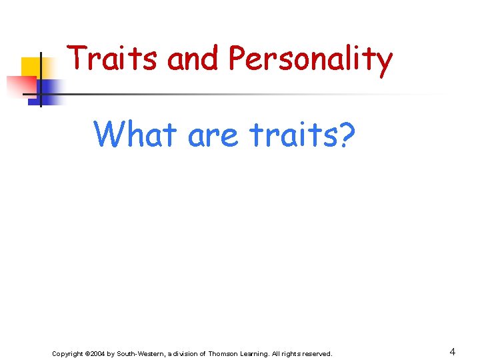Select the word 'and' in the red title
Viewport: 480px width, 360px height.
(x=193, y=59)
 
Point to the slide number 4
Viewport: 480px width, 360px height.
(x=452, y=352)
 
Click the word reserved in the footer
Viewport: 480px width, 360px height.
(x=316, y=353)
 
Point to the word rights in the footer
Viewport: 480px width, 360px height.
(x=291, y=353)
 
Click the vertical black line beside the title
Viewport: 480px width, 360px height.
(x=41, y=80)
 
